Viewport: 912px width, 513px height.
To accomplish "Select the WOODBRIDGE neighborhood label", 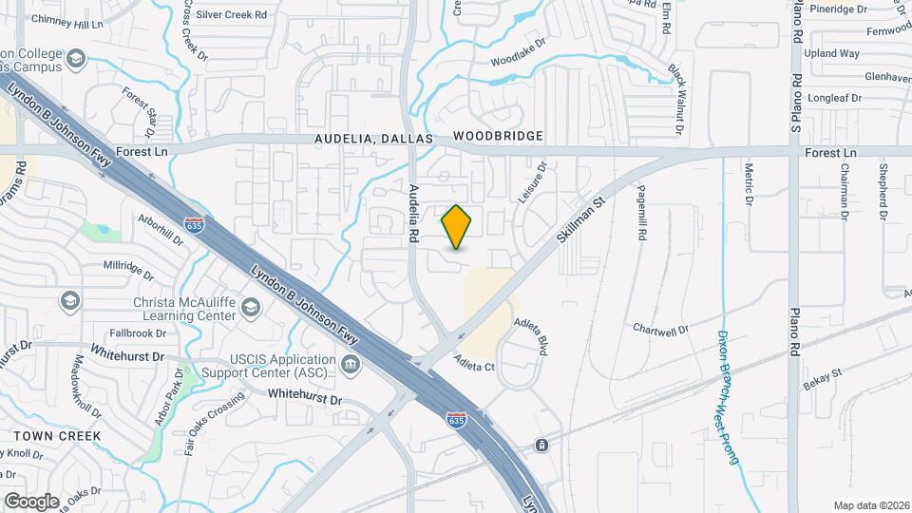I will coord(498,136).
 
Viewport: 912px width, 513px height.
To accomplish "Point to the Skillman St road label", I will coord(581,218).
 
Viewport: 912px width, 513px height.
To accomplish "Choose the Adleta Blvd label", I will coord(531,337).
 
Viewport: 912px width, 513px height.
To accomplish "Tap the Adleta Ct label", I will coord(475,362).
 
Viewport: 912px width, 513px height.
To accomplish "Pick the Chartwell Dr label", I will coord(661,330).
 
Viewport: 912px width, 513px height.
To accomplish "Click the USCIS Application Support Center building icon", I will coord(351,364).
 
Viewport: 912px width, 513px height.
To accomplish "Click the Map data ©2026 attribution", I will coord(870,505).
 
